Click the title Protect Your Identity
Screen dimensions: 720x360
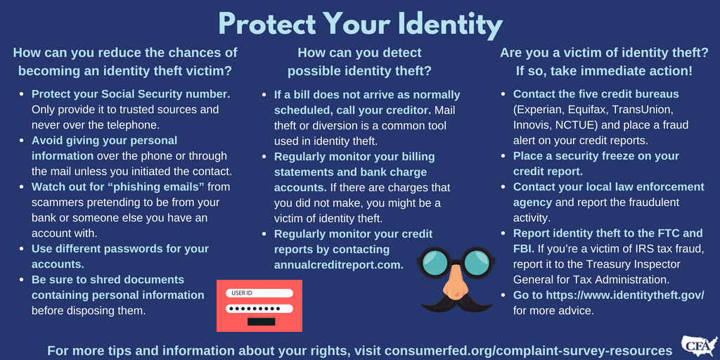(360, 24)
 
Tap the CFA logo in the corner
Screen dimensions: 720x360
(699, 345)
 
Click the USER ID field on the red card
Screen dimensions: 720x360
(259, 293)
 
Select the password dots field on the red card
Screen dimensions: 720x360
(259, 309)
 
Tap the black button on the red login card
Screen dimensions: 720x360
(262, 322)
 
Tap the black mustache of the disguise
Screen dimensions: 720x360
(456, 302)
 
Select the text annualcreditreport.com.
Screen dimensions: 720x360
(339, 265)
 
